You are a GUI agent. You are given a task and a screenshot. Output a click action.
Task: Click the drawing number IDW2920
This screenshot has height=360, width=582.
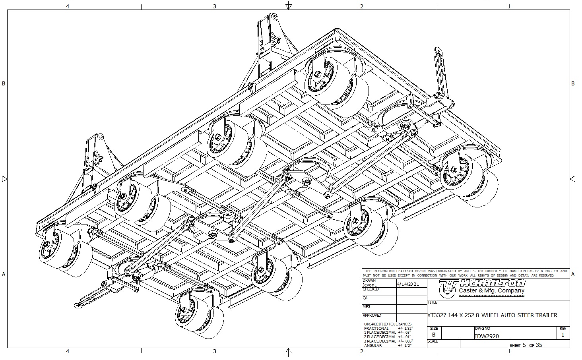tap(487, 336)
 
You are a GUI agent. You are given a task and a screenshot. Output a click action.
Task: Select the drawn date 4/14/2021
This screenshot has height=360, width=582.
tap(408, 285)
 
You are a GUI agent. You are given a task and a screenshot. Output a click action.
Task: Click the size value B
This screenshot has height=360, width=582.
tap(434, 335)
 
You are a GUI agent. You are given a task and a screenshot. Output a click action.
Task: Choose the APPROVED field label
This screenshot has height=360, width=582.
tap(372, 315)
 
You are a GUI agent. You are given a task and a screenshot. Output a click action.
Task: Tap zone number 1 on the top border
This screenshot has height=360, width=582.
tap(509, 6)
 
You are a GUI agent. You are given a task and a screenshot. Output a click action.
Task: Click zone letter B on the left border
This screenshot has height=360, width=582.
tap(4, 83)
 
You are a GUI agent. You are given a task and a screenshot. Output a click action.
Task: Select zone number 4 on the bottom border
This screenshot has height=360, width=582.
tap(68, 351)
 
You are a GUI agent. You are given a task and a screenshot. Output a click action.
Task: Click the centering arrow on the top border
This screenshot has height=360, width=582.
tap(289, 6)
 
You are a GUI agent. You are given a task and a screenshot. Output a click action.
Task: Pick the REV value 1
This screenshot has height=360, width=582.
tap(563, 335)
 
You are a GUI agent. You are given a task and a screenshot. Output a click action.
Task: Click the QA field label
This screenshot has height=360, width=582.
tap(365, 298)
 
